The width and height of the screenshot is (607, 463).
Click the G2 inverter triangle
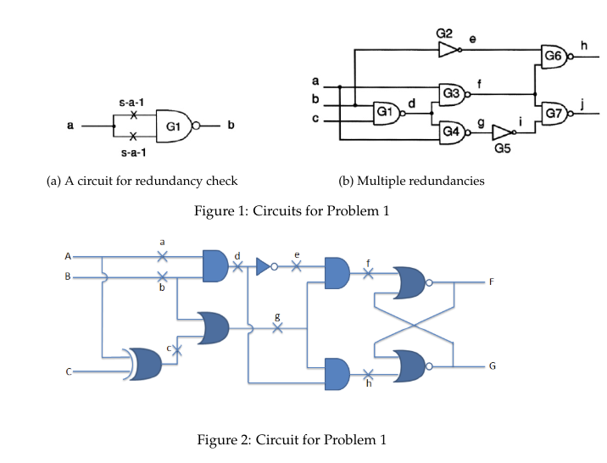click(448, 50)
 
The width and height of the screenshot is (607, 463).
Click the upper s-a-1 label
click(131, 103)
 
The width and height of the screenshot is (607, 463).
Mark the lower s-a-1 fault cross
click(133, 137)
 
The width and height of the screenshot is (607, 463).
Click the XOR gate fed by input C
click(142, 364)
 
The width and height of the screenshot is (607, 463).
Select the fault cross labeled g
click(277, 328)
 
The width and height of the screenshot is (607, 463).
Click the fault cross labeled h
click(368, 374)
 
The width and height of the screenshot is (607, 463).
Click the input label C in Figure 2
click(69, 372)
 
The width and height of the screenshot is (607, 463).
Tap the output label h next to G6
click(584, 46)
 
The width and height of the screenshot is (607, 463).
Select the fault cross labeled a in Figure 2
click(163, 256)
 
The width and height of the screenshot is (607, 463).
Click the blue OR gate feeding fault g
click(213, 328)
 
